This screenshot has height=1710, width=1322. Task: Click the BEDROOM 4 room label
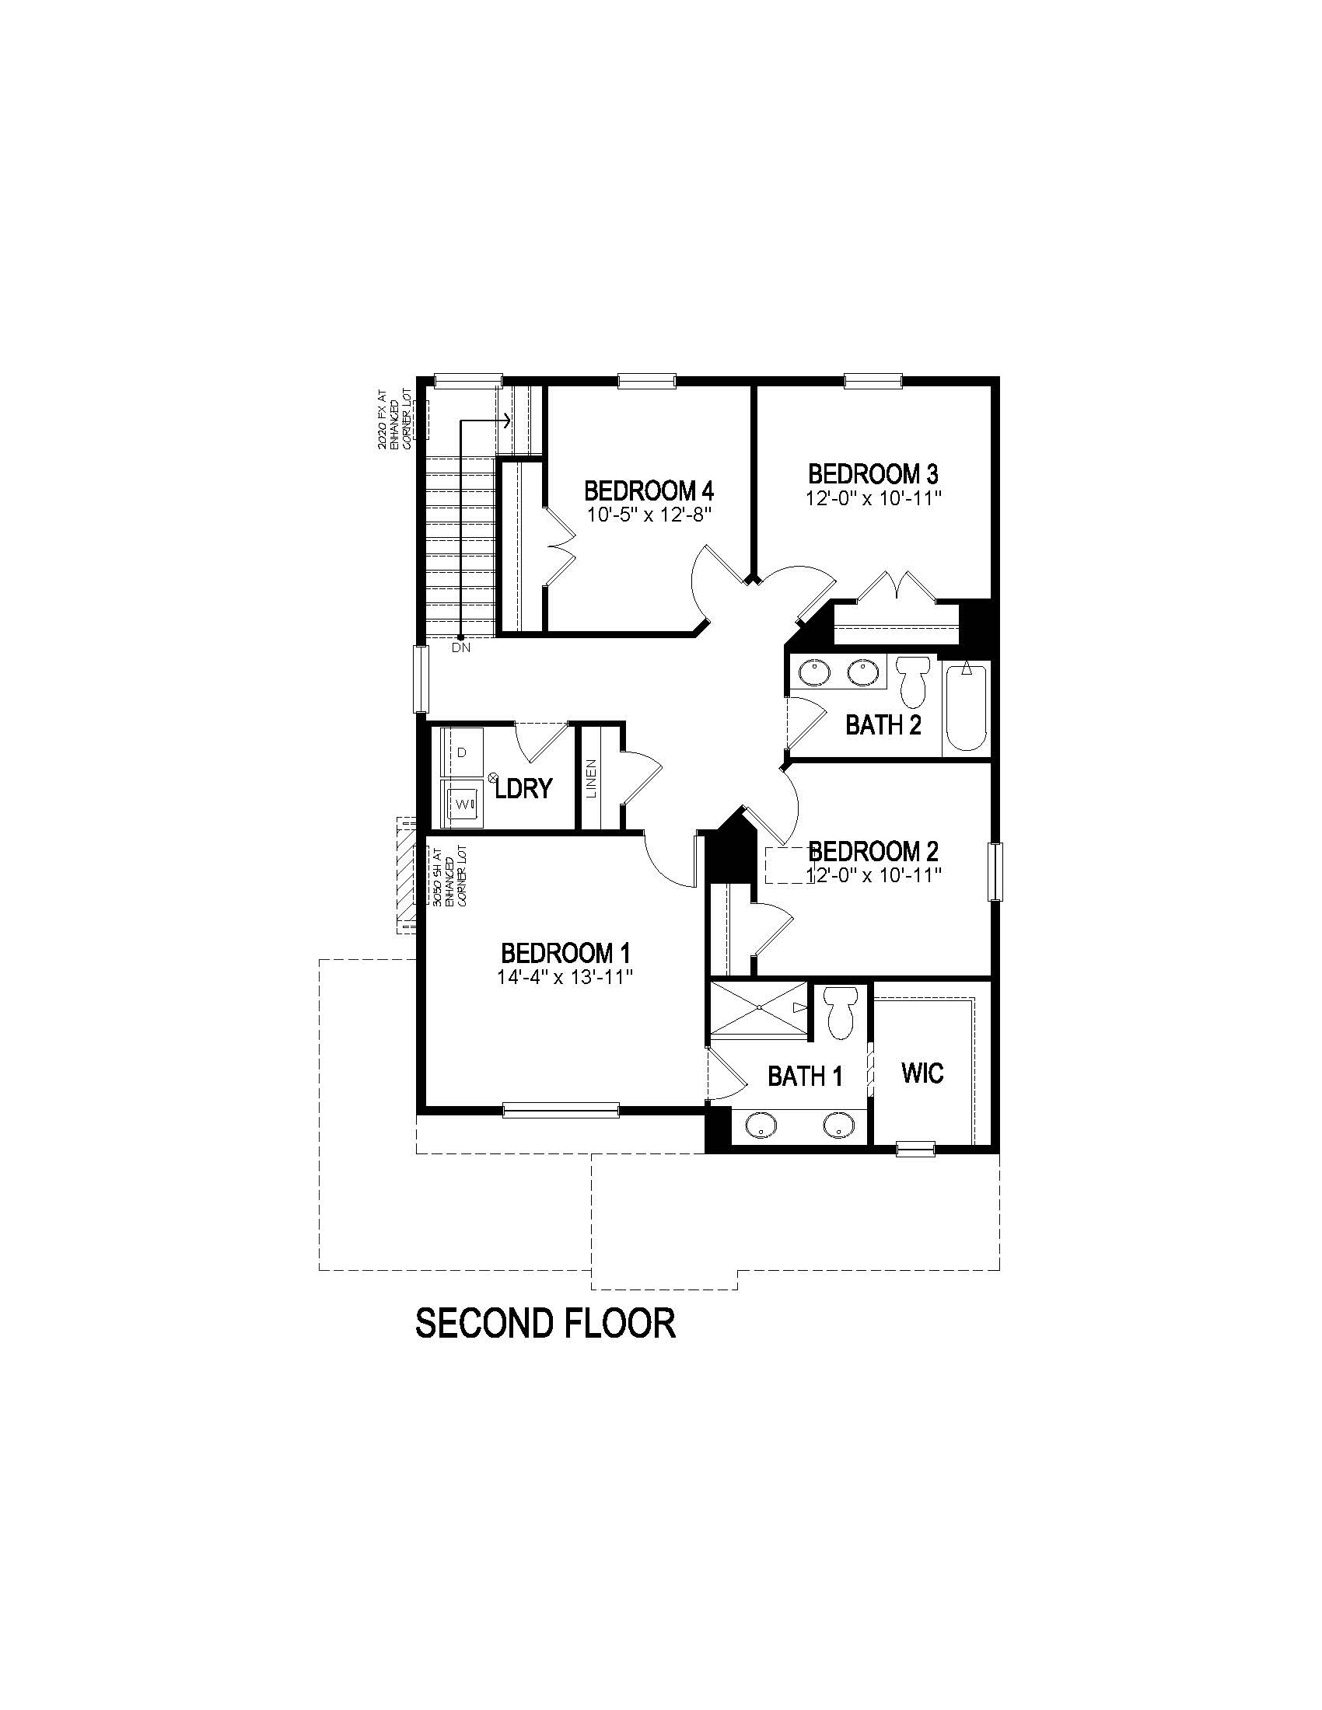pos(649,491)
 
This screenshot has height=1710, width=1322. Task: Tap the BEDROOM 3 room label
pos(873,473)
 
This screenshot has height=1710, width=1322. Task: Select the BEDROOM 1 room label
pos(565,953)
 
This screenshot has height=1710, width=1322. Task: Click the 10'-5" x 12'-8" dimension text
pos(649,515)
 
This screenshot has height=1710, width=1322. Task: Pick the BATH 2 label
pos(883,725)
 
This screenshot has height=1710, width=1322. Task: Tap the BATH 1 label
pos(804,1077)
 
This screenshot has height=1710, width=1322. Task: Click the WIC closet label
pos(922,1073)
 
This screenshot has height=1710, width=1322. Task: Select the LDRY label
pos(524,787)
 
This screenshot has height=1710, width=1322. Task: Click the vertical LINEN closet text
pos(591,778)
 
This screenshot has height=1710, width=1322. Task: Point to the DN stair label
pos(461,647)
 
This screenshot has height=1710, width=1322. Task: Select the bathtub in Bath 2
pos(967,707)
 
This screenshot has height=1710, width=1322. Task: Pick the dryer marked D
pos(462,752)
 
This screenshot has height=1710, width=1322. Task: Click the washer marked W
pos(462,803)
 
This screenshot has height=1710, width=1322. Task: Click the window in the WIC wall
pos(915,1149)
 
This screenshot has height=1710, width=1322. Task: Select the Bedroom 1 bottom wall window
pos(560,1108)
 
